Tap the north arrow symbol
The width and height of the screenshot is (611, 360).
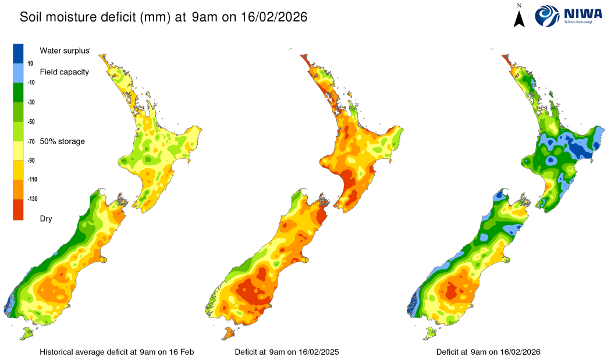(x=520, y=16)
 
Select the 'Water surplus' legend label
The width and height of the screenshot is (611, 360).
(x=65, y=51)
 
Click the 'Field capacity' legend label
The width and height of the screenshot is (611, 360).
(x=64, y=72)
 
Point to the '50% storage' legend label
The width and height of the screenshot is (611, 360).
(x=63, y=141)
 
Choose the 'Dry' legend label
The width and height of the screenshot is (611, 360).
(x=46, y=218)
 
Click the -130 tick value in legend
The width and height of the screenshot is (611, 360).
(x=33, y=199)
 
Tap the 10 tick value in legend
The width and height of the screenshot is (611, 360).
(x=30, y=63)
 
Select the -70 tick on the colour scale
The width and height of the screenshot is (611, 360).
(x=31, y=141)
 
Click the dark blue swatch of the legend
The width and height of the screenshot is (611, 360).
(x=18, y=53)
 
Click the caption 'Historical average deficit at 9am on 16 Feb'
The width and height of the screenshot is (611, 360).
(x=116, y=352)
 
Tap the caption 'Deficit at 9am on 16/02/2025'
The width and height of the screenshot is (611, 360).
(x=287, y=352)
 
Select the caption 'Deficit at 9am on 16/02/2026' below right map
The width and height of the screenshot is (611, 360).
(x=488, y=352)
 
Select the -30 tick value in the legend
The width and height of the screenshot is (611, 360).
(x=32, y=102)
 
